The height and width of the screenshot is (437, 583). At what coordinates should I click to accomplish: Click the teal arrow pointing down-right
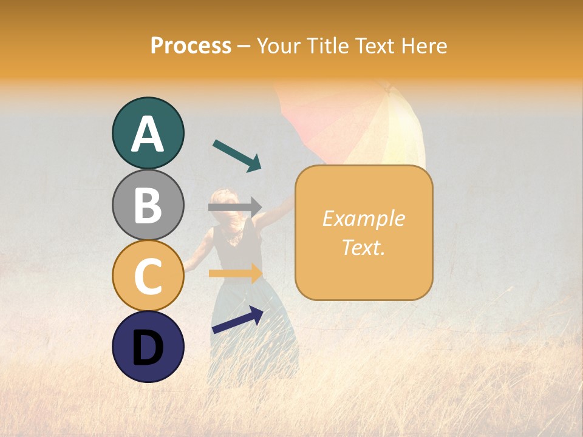click(x=237, y=155)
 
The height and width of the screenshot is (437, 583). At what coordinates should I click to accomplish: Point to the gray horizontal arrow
click(x=234, y=207)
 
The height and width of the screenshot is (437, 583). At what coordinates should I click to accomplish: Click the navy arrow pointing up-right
click(x=237, y=320)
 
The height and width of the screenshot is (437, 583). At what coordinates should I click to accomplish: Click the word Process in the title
click(x=191, y=46)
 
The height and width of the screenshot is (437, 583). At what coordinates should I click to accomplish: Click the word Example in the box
click(x=363, y=218)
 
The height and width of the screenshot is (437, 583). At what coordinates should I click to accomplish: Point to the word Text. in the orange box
click(x=363, y=248)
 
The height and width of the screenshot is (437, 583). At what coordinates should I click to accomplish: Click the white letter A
click(x=148, y=135)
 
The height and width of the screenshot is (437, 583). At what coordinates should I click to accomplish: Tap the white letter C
click(x=148, y=276)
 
